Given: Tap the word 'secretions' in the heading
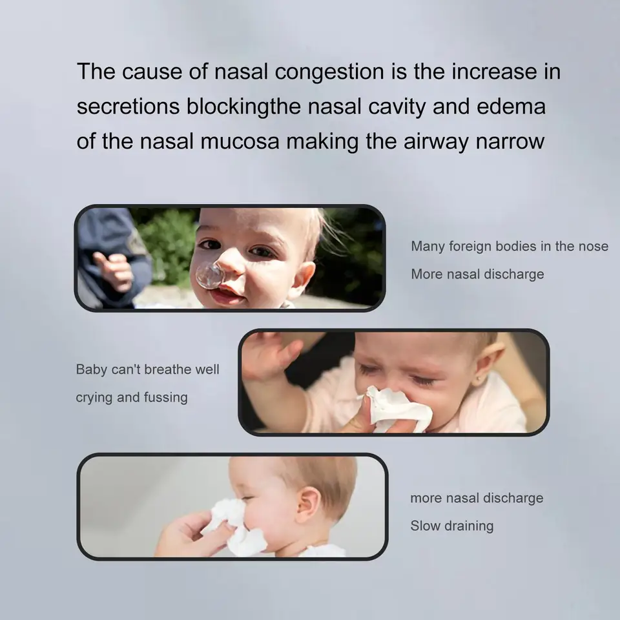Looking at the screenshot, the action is click(x=128, y=107).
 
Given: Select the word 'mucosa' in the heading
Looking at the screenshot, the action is click(x=240, y=141).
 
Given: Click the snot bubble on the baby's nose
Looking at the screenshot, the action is click(x=210, y=275).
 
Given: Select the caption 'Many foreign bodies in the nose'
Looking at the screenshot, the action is click(x=510, y=246).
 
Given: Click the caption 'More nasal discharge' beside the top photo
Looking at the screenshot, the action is click(x=477, y=274).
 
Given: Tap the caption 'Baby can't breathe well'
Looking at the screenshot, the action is click(x=147, y=369).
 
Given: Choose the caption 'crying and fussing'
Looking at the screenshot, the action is click(x=132, y=397).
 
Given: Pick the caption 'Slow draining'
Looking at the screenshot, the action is click(x=452, y=526).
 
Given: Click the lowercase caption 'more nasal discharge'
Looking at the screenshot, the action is click(x=477, y=498).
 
